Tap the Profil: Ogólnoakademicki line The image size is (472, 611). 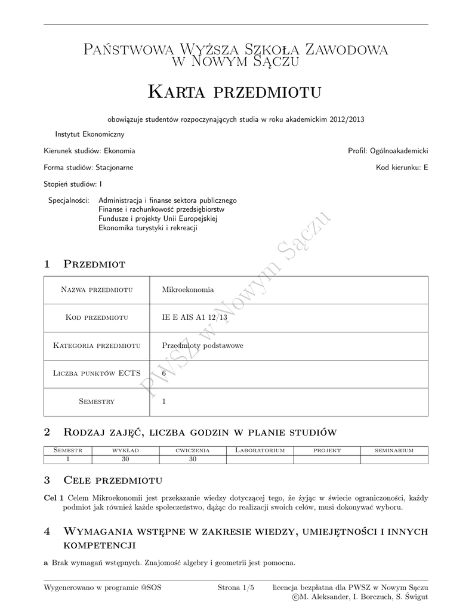click(x=388, y=151)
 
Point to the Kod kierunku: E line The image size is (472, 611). click(x=402, y=168)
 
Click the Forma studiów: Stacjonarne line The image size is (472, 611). click(x=88, y=168)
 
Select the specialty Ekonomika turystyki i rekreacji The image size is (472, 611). click(x=148, y=227)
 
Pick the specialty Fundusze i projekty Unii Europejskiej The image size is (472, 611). click(x=158, y=218)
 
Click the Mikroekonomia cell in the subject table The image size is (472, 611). click(x=188, y=290)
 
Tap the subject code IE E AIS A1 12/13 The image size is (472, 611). click(x=195, y=318)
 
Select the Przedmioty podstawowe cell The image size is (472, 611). click(x=203, y=345)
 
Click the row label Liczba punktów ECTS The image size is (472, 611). click(x=97, y=374)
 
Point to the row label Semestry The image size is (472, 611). click(x=97, y=402)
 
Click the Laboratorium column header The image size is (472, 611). click(x=260, y=450)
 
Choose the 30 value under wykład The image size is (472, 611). click(x=125, y=459)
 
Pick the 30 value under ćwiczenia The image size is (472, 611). click(x=193, y=459)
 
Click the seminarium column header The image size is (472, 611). click(x=394, y=450)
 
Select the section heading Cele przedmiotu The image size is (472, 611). click(x=113, y=480)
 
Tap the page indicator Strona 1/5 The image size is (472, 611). click(x=236, y=588)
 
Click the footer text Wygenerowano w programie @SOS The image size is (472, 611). click(x=103, y=588)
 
